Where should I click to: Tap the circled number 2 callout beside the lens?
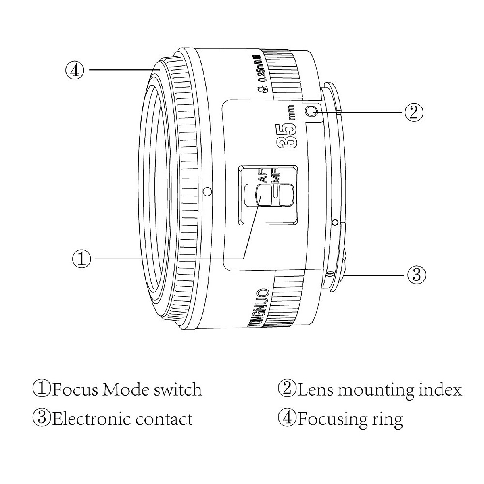[x=414, y=112]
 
